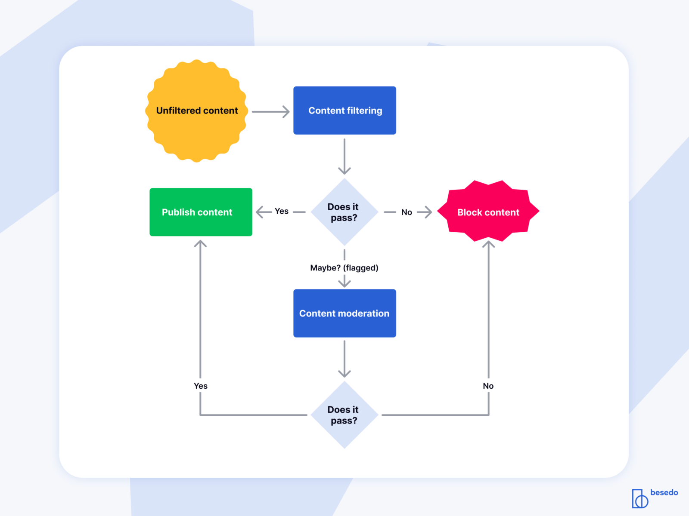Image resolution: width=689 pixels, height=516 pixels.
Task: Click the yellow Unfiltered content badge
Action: tap(197, 111)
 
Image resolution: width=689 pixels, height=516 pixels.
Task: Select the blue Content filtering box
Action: tap(344, 111)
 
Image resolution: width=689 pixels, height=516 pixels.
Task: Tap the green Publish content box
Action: tap(201, 212)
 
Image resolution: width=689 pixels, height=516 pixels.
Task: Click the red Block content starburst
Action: tap(488, 212)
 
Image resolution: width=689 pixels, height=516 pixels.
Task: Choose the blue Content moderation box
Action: tap(344, 313)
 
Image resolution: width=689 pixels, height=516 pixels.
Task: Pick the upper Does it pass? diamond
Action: tap(344, 212)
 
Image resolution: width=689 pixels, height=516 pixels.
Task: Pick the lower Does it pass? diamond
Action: tap(344, 415)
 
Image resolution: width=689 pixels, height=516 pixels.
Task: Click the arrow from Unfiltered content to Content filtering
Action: tap(270, 112)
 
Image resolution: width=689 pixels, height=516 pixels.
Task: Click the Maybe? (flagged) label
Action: tap(344, 268)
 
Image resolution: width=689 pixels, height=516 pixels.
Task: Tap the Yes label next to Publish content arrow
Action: tap(282, 211)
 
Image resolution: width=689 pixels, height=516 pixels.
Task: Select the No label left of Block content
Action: tap(407, 212)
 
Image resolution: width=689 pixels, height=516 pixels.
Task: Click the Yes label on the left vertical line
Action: tap(201, 386)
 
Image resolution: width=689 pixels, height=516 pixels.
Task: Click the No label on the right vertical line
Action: tap(488, 386)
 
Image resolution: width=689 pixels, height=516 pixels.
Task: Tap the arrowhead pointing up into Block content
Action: tap(488, 244)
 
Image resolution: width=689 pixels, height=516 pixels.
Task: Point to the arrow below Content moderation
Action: tap(344, 359)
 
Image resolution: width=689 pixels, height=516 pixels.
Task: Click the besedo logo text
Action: tap(664, 492)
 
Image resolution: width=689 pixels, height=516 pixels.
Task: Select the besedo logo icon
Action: tap(640, 499)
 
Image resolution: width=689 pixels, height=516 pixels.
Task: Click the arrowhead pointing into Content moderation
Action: tap(344, 283)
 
